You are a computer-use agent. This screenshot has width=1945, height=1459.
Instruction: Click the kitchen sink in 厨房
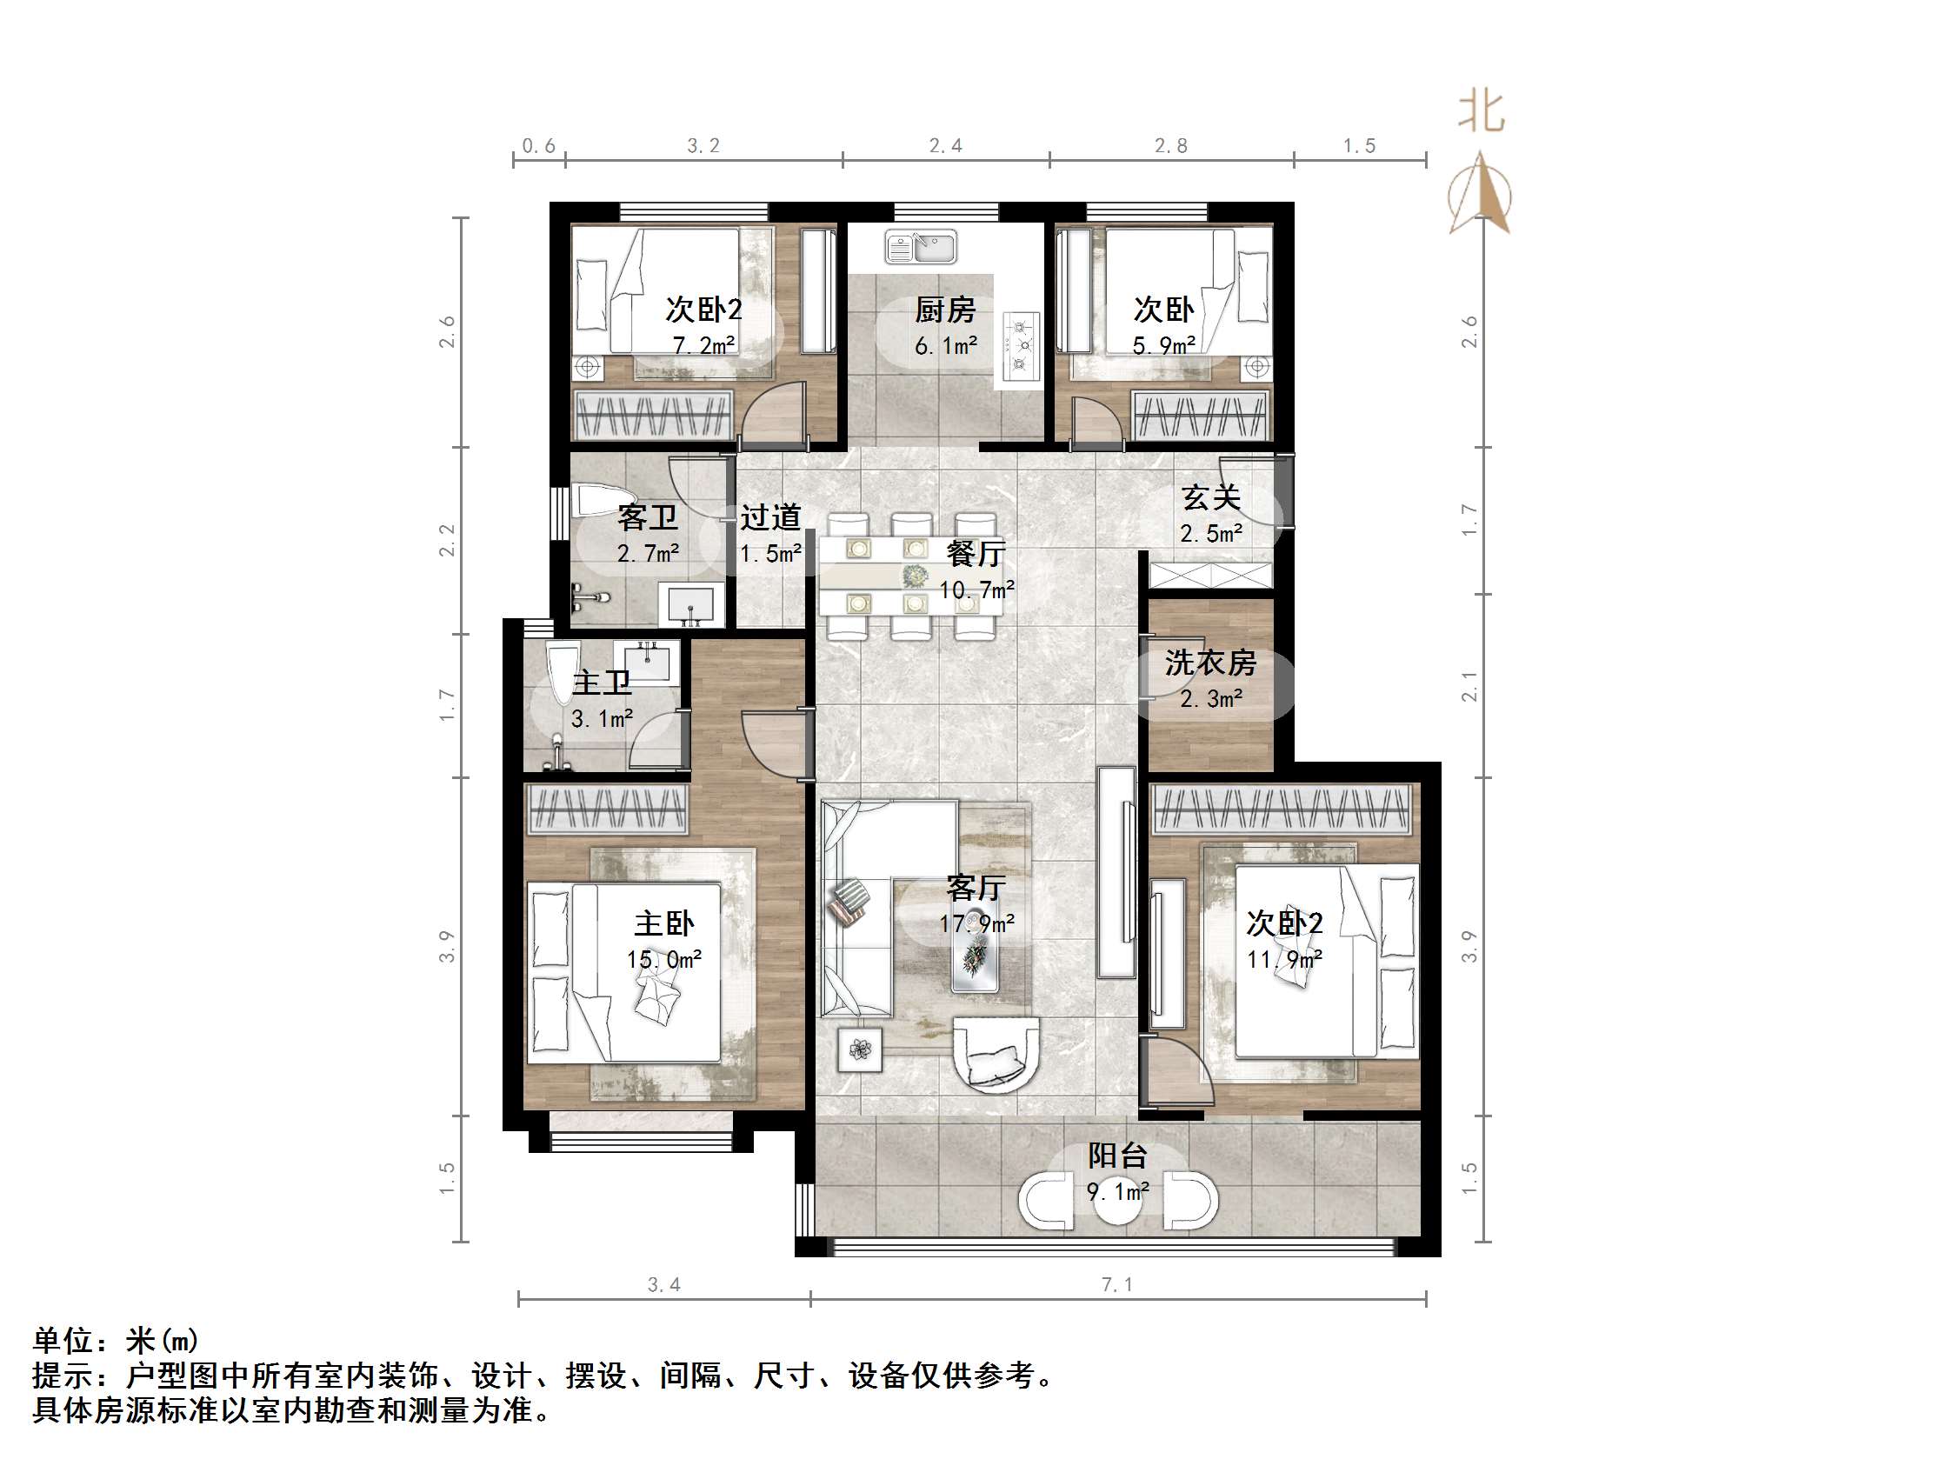coord(921,247)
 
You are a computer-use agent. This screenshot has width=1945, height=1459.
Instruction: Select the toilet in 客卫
coord(598,500)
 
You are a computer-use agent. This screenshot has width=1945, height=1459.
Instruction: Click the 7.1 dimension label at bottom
coord(1116,1285)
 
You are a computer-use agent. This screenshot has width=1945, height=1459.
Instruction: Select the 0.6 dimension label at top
coord(538,146)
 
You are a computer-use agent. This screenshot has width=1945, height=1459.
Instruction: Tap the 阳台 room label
coord(1116,1156)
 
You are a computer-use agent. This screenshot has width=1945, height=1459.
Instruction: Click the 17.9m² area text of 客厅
coord(976,924)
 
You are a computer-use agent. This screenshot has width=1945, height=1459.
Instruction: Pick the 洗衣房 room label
coord(1210,663)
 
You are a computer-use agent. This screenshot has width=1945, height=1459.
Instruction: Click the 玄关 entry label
coord(1210,497)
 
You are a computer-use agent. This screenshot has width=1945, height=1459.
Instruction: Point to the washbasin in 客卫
coord(692,605)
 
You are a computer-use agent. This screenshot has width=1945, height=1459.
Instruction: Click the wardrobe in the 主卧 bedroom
coord(607,809)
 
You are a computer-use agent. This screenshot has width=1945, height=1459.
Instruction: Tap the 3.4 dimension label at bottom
coord(664,1285)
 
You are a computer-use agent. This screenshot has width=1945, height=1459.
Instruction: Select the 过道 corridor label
coord(770,517)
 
